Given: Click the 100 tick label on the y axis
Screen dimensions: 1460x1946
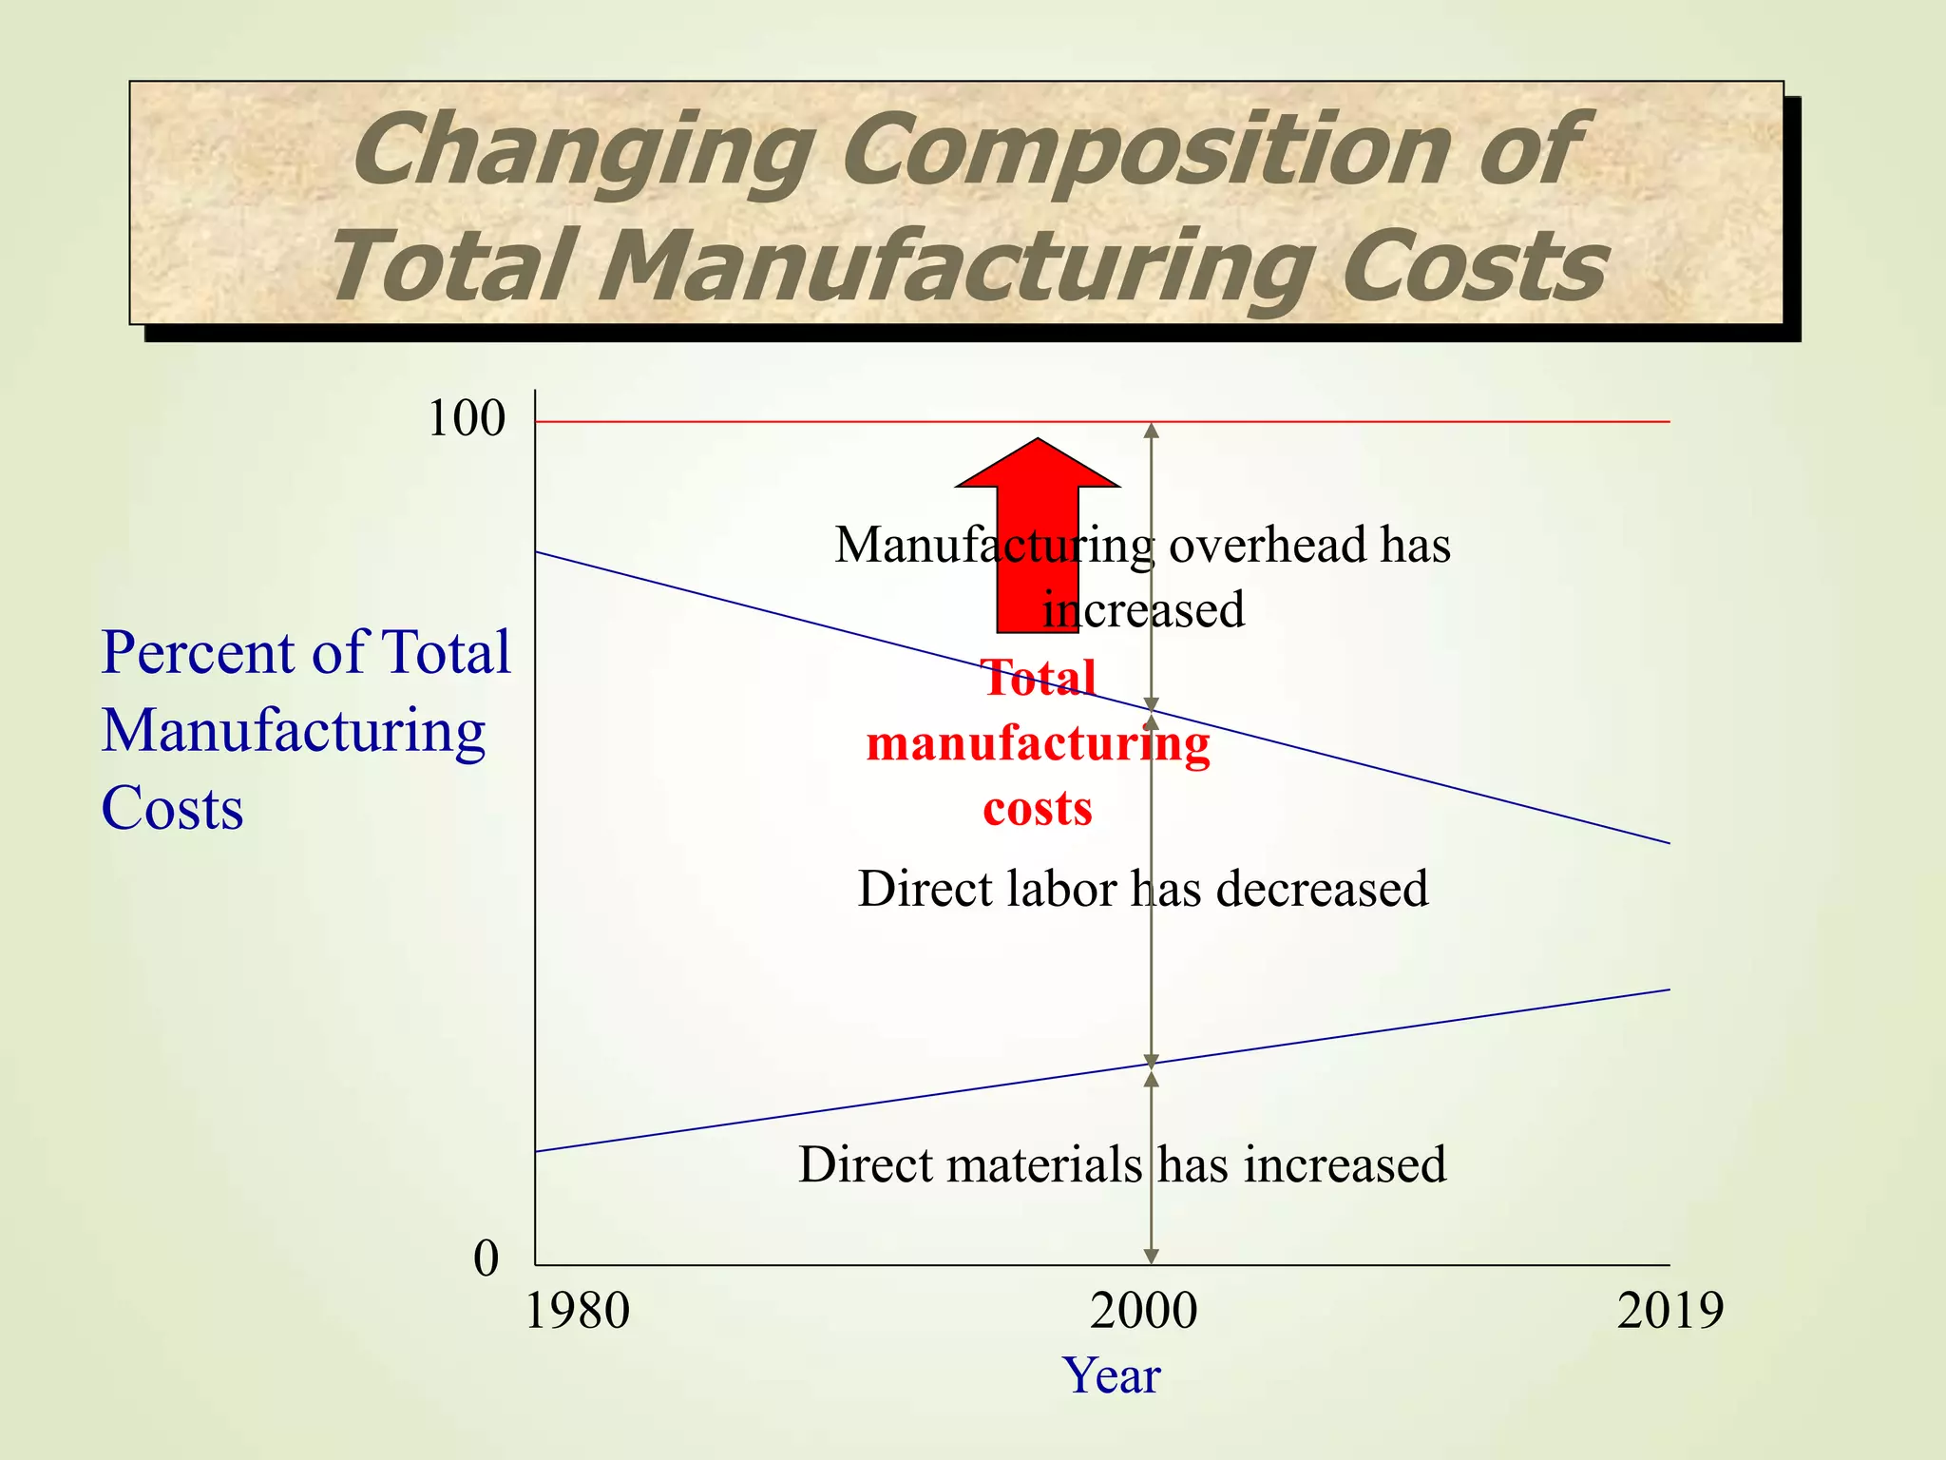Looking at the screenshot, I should tap(467, 419).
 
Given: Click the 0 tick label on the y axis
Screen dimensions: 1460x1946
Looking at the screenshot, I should tap(486, 1258).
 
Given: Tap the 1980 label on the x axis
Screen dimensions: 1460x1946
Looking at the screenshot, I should tap(577, 1312).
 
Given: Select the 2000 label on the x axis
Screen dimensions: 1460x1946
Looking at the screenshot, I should tap(1143, 1312).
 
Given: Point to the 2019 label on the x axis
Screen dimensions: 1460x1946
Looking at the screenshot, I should tap(1669, 1312).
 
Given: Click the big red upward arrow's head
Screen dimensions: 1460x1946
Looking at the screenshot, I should tap(1038, 465).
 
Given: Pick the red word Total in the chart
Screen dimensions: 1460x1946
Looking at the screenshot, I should tap(1039, 679).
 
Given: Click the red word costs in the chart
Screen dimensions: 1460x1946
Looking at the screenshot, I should tap(1038, 809).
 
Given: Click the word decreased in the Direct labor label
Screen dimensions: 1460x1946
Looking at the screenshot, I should tap(1322, 890).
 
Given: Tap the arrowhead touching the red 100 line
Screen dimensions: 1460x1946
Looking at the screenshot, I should tap(1151, 430).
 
